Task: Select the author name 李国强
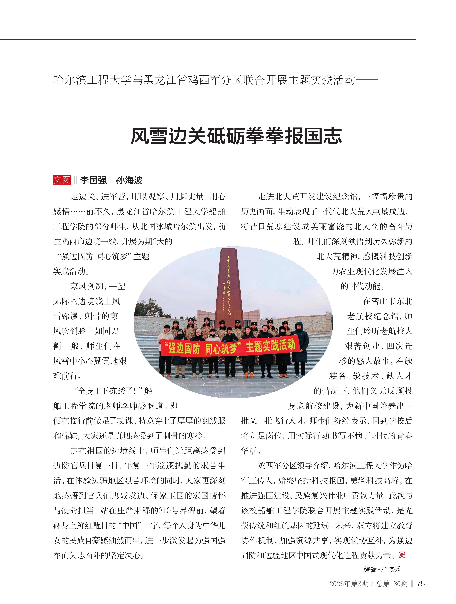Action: click(93, 180)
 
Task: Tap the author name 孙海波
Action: click(129, 180)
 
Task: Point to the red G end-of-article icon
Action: click(402, 555)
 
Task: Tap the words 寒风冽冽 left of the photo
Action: click(86, 286)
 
